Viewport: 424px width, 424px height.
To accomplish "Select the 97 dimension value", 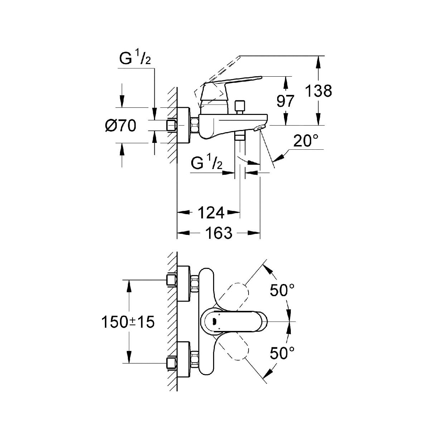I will [285, 101].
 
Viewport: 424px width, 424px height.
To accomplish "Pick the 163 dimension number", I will [219, 233].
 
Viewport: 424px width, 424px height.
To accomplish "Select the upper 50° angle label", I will [283, 290].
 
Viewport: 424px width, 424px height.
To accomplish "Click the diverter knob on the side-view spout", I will [238, 106].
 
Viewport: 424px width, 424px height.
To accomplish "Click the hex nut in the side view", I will [195, 125].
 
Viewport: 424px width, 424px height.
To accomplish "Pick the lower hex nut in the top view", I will [195, 360].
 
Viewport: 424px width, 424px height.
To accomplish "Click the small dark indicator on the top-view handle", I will [214, 321].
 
